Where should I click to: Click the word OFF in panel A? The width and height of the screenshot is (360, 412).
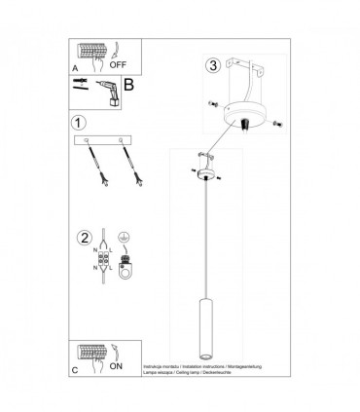tap(121, 65)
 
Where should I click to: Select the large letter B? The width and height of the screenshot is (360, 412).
tap(126, 84)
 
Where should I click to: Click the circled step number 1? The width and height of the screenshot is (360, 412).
tap(78, 124)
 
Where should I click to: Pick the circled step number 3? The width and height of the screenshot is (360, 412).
tap(213, 67)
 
